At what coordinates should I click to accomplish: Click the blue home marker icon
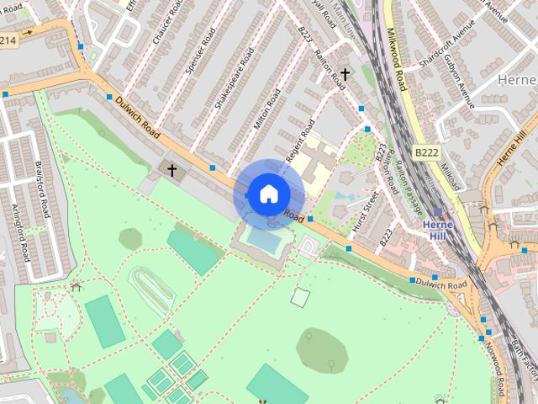click(x=267, y=194)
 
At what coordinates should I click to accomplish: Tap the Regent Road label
click(x=298, y=141)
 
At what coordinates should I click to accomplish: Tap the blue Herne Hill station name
click(x=437, y=231)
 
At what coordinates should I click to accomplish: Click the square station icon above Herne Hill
click(x=437, y=214)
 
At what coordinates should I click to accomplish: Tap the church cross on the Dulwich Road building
click(x=172, y=170)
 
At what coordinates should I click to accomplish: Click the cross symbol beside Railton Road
click(x=344, y=75)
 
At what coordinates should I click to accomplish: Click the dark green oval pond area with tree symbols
click(x=323, y=348)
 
